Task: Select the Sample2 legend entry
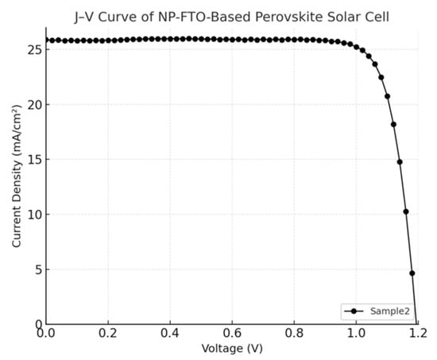point(387,311)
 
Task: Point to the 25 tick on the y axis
point(33,49)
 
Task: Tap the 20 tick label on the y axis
point(33,104)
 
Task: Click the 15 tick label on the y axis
point(33,159)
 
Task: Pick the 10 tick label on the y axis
point(33,215)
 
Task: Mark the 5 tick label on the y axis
point(37,269)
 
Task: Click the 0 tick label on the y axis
point(37,324)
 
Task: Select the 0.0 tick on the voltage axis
point(46,335)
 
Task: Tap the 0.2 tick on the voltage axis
point(108,335)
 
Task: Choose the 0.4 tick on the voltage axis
point(170,335)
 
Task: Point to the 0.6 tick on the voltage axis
point(232,335)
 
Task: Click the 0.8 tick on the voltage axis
point(294,335)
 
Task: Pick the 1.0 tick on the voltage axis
point(356,335)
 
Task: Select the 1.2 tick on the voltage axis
point(418,335)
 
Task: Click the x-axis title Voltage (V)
point(231,349)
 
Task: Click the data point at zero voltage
point(46,40)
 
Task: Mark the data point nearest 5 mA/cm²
point(412,273)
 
